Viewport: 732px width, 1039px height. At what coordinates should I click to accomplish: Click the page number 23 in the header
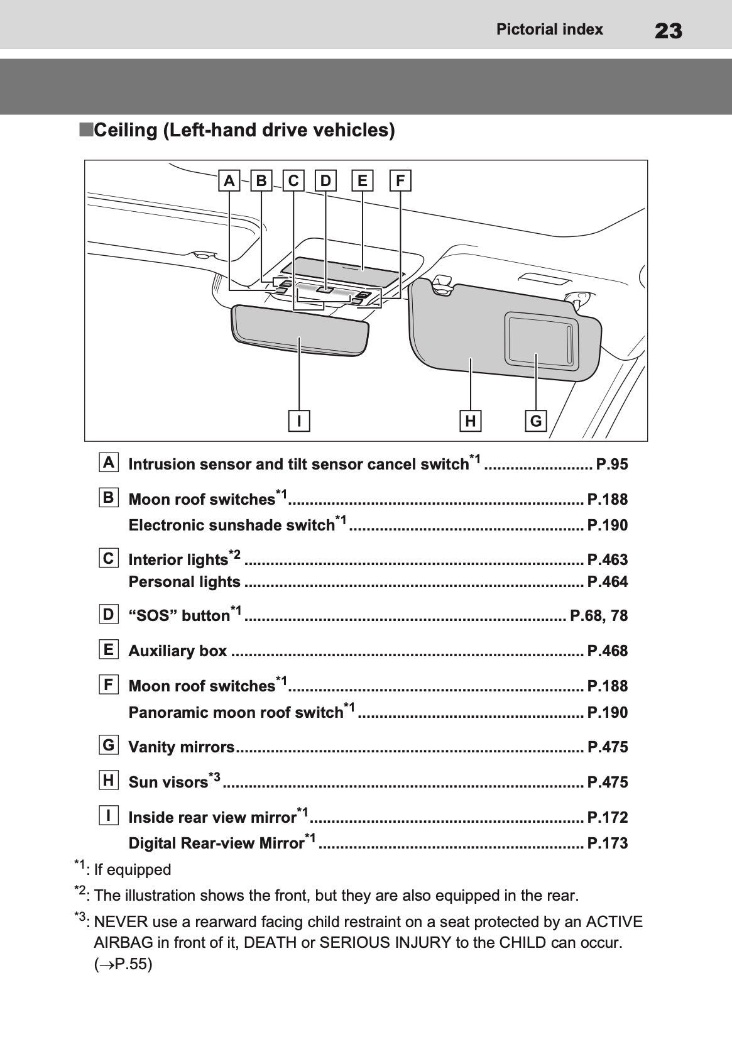[668, 30]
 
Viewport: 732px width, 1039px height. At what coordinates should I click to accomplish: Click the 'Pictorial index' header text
[549, 30]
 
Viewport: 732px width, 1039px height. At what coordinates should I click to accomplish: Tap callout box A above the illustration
[229, 181]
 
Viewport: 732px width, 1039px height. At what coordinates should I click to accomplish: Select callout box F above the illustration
[400, 181]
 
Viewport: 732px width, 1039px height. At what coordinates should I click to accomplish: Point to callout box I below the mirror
[300, 421]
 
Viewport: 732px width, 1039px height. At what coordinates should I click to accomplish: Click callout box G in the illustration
[536, 421]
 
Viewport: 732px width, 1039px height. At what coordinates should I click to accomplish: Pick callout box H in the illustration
[470, 421]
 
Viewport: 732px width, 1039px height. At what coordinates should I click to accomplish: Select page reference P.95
[611, 465]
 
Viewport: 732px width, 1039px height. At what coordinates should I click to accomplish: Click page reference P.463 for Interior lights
[607, 559]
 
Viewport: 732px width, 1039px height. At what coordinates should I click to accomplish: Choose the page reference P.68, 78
[598, 615]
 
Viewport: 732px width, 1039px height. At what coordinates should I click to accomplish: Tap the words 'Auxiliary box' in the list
[178, 651]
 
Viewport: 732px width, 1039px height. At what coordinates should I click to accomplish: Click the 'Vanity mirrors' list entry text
[182, 747]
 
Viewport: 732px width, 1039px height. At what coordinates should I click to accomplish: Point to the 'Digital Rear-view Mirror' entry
[216, 844]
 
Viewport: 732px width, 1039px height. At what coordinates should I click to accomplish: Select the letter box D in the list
[109, 614]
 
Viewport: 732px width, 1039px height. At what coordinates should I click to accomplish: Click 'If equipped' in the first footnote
[132, 870]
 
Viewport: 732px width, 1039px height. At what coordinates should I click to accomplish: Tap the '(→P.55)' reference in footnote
[123, 964]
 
